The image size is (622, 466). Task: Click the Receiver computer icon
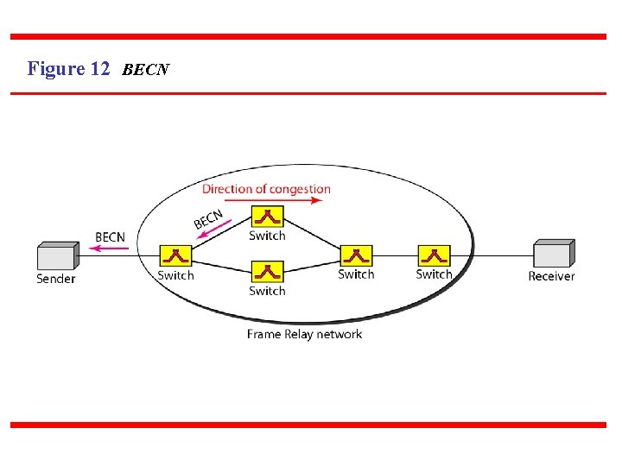[553, 255]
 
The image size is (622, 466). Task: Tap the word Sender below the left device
[56, 279]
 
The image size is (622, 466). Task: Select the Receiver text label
[551, 276]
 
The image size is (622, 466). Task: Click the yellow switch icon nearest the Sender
[175, 256]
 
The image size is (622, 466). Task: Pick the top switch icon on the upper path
[267, 217]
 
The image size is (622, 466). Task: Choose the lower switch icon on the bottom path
[267, 272]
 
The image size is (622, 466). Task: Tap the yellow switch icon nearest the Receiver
[434, 255]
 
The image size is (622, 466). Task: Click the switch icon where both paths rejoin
[356, 256]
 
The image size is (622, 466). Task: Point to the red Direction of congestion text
[266, 189]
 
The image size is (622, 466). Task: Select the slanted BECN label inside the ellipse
[208, 219]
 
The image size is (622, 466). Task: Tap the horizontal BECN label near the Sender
[110, 236]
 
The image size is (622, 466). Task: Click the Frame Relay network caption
[304, 334]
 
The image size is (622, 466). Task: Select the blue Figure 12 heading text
[68, 69]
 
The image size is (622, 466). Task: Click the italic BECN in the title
[146, 70]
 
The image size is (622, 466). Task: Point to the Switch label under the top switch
[267, 236]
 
